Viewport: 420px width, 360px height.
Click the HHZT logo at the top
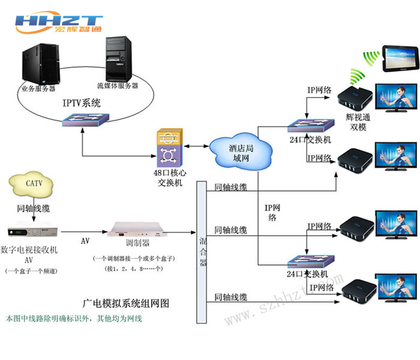point(59,24)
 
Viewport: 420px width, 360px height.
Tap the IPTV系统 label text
point(82,103)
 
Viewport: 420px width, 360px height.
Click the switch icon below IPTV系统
point(81,123)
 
